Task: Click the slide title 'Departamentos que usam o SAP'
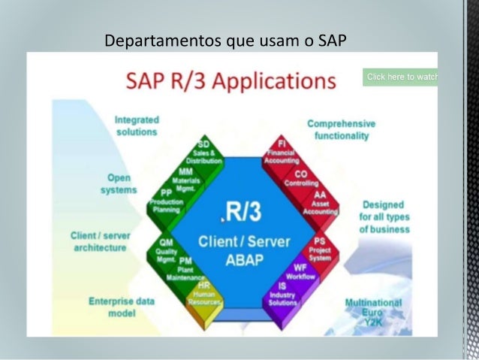pos(225,39)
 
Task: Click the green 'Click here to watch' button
pos(399,77)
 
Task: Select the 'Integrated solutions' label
pos(136,126)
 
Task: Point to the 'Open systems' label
pos(119,184)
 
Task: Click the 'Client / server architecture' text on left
pos(100,241)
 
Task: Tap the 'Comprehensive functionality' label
pos(342,129)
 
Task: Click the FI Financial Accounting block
pos(282,151)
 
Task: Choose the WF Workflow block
pos(301,271)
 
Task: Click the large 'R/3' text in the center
pos(241,213)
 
